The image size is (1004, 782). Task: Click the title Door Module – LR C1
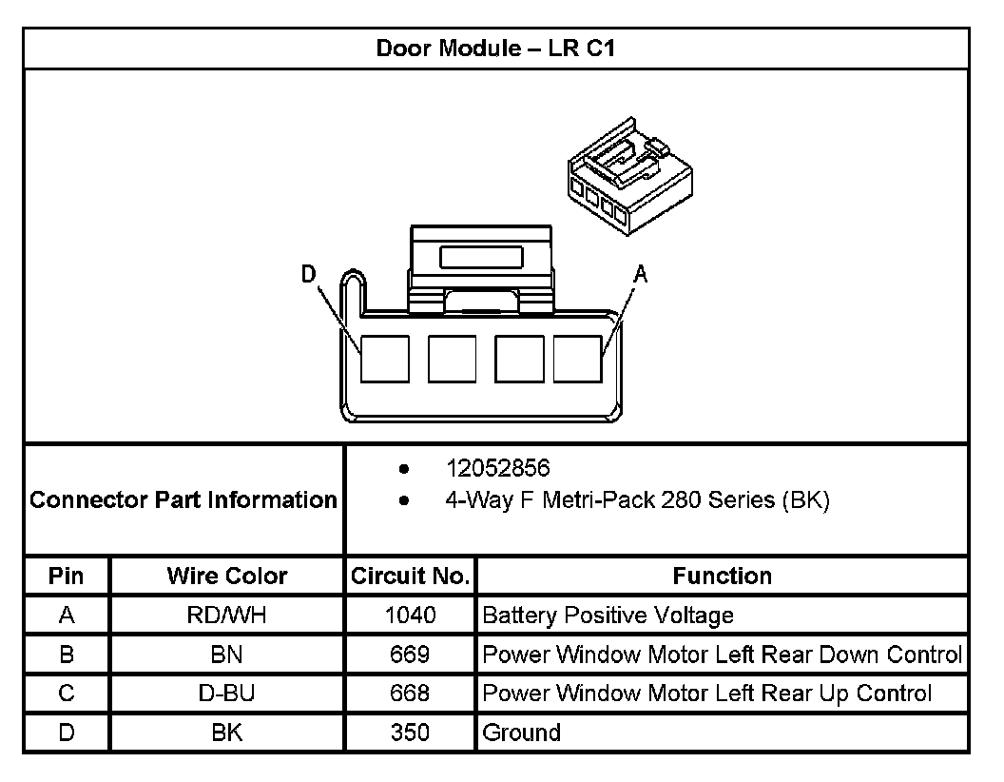tap(495, 49)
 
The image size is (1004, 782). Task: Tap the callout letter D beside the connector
tap(308, 274)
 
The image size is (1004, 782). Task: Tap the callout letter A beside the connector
tap(641, 274)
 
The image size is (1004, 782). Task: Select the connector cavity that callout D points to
tap(385, 359)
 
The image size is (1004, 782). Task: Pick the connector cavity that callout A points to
tap(578, 359)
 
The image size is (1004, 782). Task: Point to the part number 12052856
tap(498, 469)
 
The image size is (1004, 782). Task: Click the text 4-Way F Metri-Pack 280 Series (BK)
tap(637, 500)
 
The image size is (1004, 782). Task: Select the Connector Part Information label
tap(183, 499)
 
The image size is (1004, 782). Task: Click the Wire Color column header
tap(227, 577)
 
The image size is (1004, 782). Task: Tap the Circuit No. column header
tap(410, 577)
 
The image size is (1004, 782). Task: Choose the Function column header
tap(722, 577)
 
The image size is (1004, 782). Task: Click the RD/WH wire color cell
tap(227, 616)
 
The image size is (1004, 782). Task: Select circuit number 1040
tap(410, 616)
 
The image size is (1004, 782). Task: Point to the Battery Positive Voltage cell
tap(608, 616)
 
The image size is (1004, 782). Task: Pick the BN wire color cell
tap(227, 655)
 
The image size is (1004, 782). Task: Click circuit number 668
tap(410, 694)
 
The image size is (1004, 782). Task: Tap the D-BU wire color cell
tap(227, 694)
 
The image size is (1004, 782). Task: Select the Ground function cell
tap(522, 733)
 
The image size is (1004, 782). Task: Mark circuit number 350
tap(410, 733)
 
